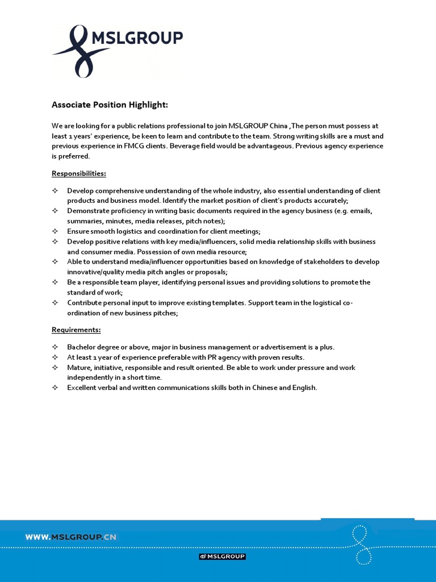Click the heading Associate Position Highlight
point(110,105)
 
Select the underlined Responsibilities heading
point(79,173)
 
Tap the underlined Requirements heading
point(76,330)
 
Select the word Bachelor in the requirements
point(81,347)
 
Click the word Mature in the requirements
point(79,368)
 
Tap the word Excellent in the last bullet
point(82,388)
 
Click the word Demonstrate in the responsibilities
point(88,211)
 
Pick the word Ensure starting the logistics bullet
point(78,231)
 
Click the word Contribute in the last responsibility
point(85,303)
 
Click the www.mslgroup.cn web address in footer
point(70,537)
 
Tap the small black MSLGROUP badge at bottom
point(222,556)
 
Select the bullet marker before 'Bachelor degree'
point(55,347)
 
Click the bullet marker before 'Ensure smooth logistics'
point(55,231)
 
